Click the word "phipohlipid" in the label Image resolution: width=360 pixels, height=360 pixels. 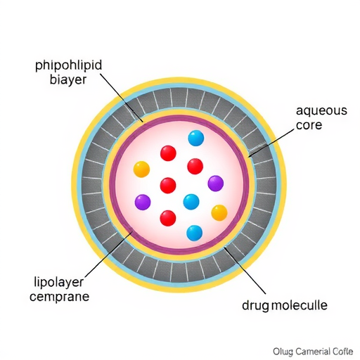click(69, 66)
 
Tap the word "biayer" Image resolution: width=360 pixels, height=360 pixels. click(68, 79)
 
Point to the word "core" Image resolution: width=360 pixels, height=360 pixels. click(309, 125)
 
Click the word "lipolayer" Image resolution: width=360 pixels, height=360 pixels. click(59, 283)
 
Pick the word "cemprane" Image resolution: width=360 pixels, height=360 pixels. click(60, 297)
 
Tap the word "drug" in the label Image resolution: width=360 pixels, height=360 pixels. click(255, 306)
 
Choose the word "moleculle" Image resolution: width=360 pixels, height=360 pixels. click(299, 305)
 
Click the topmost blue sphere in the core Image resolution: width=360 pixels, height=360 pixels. click(196, 138)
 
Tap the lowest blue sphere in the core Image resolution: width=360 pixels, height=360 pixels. click(195, 233)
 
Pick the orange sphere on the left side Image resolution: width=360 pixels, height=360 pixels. click(141, 169)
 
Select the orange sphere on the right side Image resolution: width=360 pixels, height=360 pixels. click(219, 213)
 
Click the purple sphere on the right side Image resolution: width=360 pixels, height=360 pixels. click(216, 184)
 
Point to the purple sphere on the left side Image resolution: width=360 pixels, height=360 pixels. click(143, 202)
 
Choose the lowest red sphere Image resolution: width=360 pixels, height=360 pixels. click(168, 218)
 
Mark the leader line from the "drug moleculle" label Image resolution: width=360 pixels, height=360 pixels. click(245, 270)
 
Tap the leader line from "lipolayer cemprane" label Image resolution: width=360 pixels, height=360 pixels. click(106, 255)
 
